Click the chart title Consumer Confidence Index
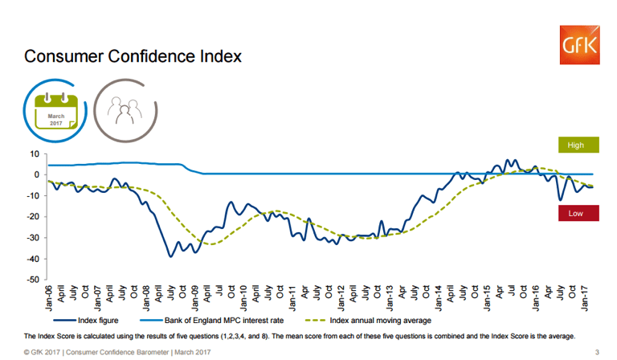[133, 58]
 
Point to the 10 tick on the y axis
[34, 153]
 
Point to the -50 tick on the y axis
[32, 280]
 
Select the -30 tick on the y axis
[32, 238]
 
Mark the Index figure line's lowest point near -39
[170, 256]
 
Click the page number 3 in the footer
[596, 352]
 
